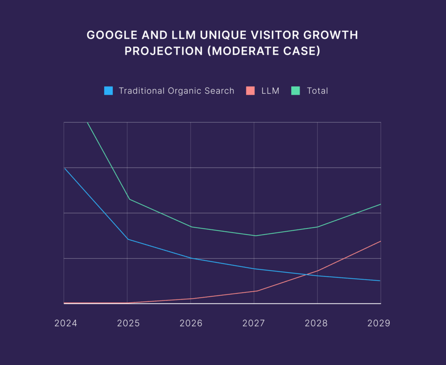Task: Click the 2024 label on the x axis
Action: (x=66, y=323)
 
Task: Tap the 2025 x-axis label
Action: (x=128, y=323)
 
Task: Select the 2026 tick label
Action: (x=191, y=323)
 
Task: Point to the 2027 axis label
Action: (x=254, y=323)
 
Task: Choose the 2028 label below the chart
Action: (x=316, y=323)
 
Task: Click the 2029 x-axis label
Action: (x=379, y=323)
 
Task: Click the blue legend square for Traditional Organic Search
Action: (x=109, y=91)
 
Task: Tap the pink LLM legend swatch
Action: (x=250, y=91)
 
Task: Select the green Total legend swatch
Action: (x=295, y=91)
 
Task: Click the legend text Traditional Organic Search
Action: (x=177, y=91)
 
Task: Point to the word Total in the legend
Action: (x=317, y=91)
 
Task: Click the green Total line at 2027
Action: (x=254, y=235)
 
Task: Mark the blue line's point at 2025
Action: (x=128, y=239)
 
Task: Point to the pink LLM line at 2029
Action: (x=380, y=241)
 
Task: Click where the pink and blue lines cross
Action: (x=310, y=274)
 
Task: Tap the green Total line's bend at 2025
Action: (x=129, y=199)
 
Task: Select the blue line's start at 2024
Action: (x=64, y=168)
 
